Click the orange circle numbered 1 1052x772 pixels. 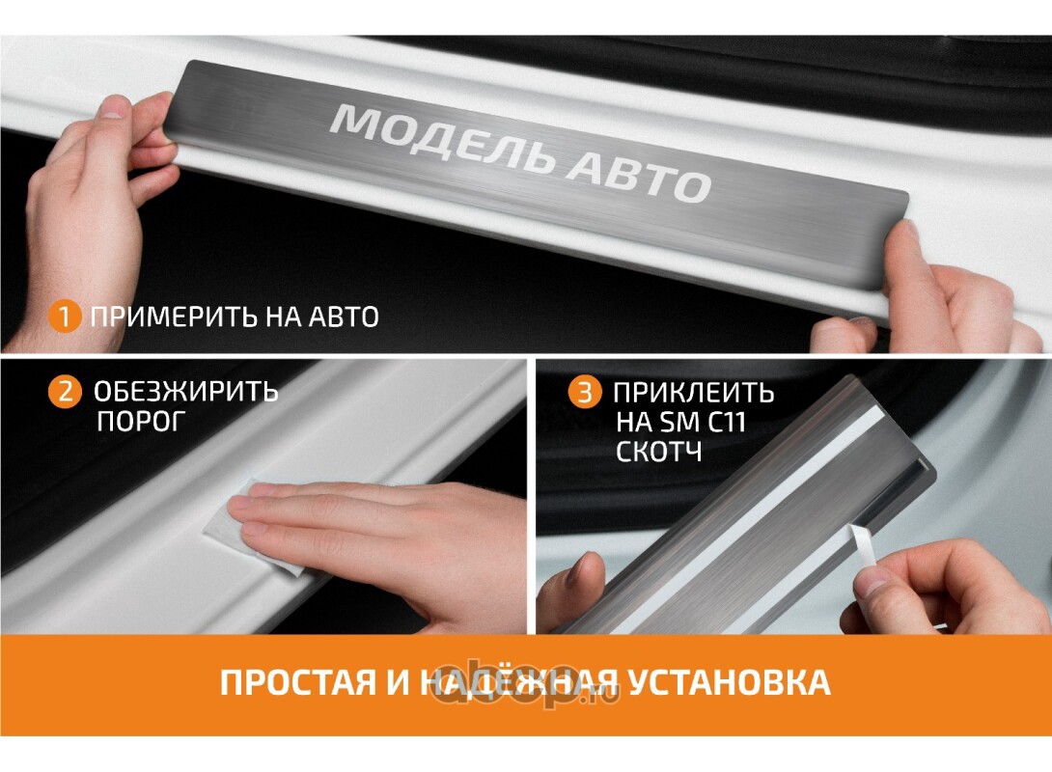tap(65, 317)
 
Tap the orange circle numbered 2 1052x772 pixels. tap(65, 391)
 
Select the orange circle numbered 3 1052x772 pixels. tap(584, 392)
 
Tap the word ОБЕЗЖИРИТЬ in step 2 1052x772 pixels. tap(186, 391)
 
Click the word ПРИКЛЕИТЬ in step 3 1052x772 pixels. tap(694, 393)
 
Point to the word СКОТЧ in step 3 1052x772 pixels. tap(659, 452)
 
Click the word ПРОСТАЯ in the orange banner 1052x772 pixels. tap(298, 683)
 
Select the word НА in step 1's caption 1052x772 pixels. tap(283, 317)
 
